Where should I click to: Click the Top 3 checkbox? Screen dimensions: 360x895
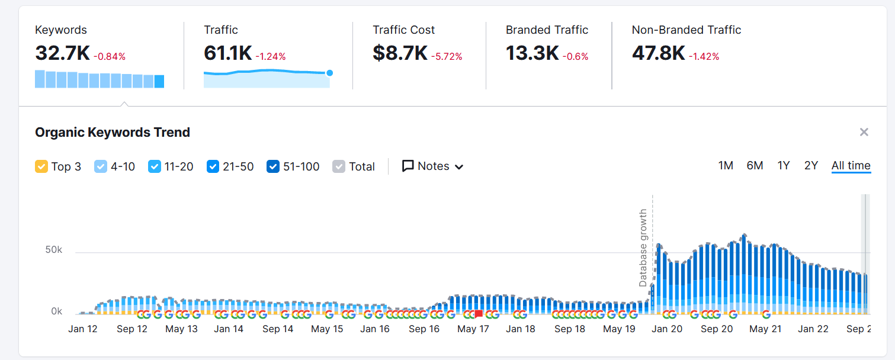tap(41, 166)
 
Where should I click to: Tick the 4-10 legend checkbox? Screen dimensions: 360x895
tap(101, 166)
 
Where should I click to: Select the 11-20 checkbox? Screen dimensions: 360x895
tap(155, 166)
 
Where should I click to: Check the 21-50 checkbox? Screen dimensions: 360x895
tap(213, 166)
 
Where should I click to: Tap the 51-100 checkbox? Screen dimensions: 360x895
tap(273, 166)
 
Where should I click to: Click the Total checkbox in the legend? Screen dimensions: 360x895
tap(339, 166)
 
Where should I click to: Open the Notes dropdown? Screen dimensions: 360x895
tap(432, 166)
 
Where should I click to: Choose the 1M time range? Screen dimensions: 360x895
tap(726, 166)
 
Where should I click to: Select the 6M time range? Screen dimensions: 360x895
tap(755, 166)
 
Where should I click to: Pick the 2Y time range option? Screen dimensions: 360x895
tap(811, 166)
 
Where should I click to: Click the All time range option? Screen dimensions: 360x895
tap(851, 166)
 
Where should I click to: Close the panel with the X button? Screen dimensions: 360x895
tap(864, 132)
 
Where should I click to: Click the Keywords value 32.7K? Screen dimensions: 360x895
tap(62, 53)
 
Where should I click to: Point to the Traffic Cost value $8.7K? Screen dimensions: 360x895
tap(400, 53)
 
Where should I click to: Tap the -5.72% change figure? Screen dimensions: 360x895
tap(447, 57)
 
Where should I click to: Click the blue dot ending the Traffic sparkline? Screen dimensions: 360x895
tap(329, 73)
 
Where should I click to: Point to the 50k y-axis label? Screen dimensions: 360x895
tap(54, 250)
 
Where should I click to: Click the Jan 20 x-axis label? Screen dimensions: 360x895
tap(668, 329)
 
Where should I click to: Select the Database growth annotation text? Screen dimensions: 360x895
tap(643, 247)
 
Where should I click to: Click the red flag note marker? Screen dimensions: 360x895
tap(479, 314)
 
